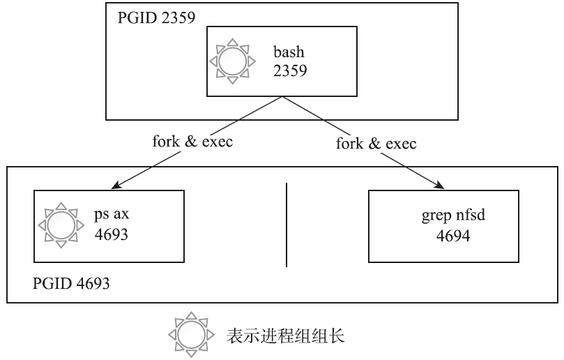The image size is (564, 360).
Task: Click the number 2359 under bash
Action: point(289,70)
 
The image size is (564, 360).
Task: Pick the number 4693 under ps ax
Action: point(112,234)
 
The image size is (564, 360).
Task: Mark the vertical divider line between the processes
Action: point(287,225)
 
